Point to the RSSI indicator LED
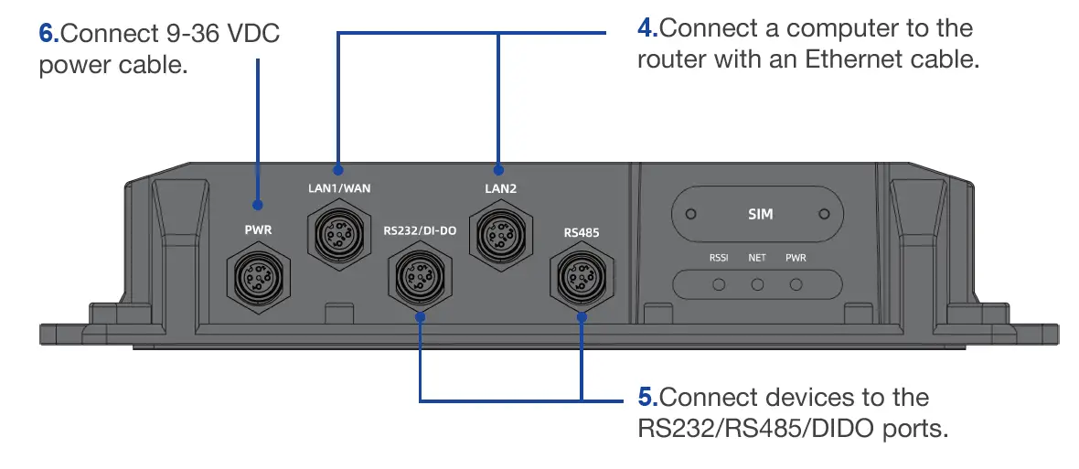719,284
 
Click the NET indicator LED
757,284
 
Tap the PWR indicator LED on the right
796,284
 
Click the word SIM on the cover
760,214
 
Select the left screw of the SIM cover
691,214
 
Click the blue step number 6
48,34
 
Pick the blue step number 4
646,27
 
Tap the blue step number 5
646,398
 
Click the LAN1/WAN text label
339,189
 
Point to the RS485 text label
582,233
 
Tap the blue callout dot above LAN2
499,169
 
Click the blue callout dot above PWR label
258,206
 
